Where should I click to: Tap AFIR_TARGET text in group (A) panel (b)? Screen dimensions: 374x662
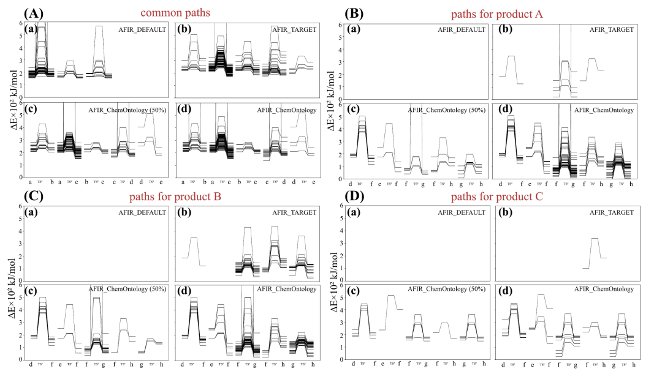(x=297, y=29)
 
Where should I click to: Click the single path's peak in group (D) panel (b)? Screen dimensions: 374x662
(x=593, y=238)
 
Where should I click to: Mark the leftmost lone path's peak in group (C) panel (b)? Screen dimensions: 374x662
(x=194, y=237)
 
